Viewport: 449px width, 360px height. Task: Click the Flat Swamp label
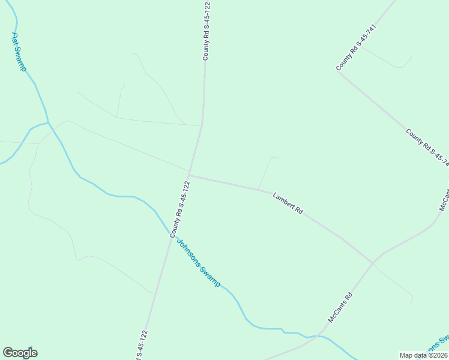tap(19, 52)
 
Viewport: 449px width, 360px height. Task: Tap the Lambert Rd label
tap(288, 203)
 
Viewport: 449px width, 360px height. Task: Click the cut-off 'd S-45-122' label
tap(140, 346)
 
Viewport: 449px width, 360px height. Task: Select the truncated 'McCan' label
tap(444, 200)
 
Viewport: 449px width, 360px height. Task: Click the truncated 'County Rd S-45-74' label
tap(427, 146)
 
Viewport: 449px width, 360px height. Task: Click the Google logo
tap(20, 353)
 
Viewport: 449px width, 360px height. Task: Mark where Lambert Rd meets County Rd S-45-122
tap(189, 176)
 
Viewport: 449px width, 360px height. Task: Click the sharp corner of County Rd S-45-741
tap(339, 73)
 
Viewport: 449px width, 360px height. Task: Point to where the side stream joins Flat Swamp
tap(49, 124)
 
